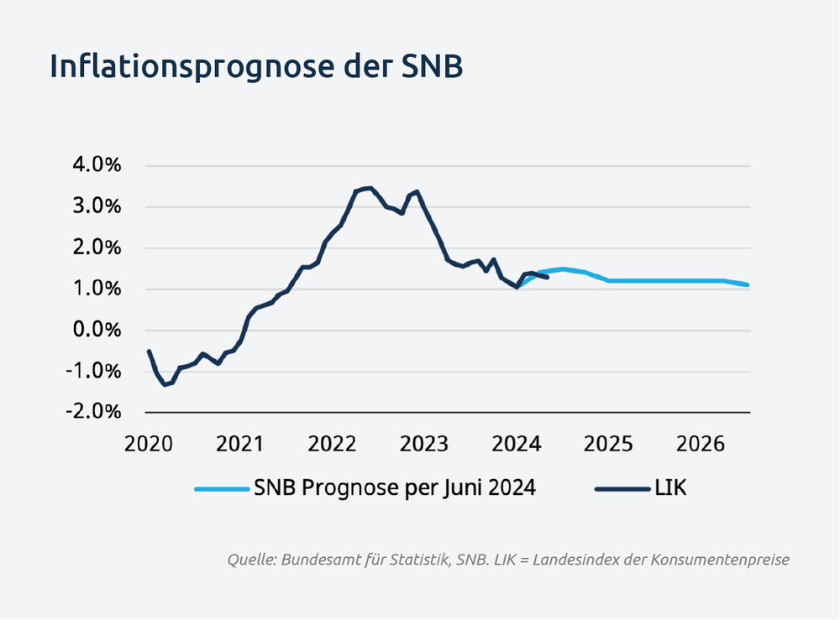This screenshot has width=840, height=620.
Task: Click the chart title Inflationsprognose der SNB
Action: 255,67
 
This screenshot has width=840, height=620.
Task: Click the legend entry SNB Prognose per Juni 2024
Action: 394,488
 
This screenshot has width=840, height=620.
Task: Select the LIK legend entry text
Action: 670,488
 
